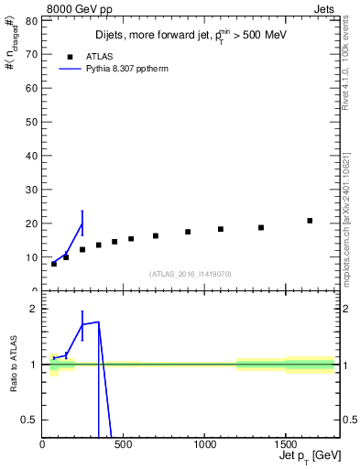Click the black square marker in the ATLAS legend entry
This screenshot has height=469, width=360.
(x=70, y=56)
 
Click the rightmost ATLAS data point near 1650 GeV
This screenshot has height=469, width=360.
(x=310, y=221)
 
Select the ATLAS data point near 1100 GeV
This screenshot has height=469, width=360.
(x=221, y=229)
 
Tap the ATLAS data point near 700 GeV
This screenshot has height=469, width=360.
(x=156, y=235)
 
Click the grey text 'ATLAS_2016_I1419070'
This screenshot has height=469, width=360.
(x=191, y=273)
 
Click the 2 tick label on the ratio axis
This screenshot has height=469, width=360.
(x=35, y=309)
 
